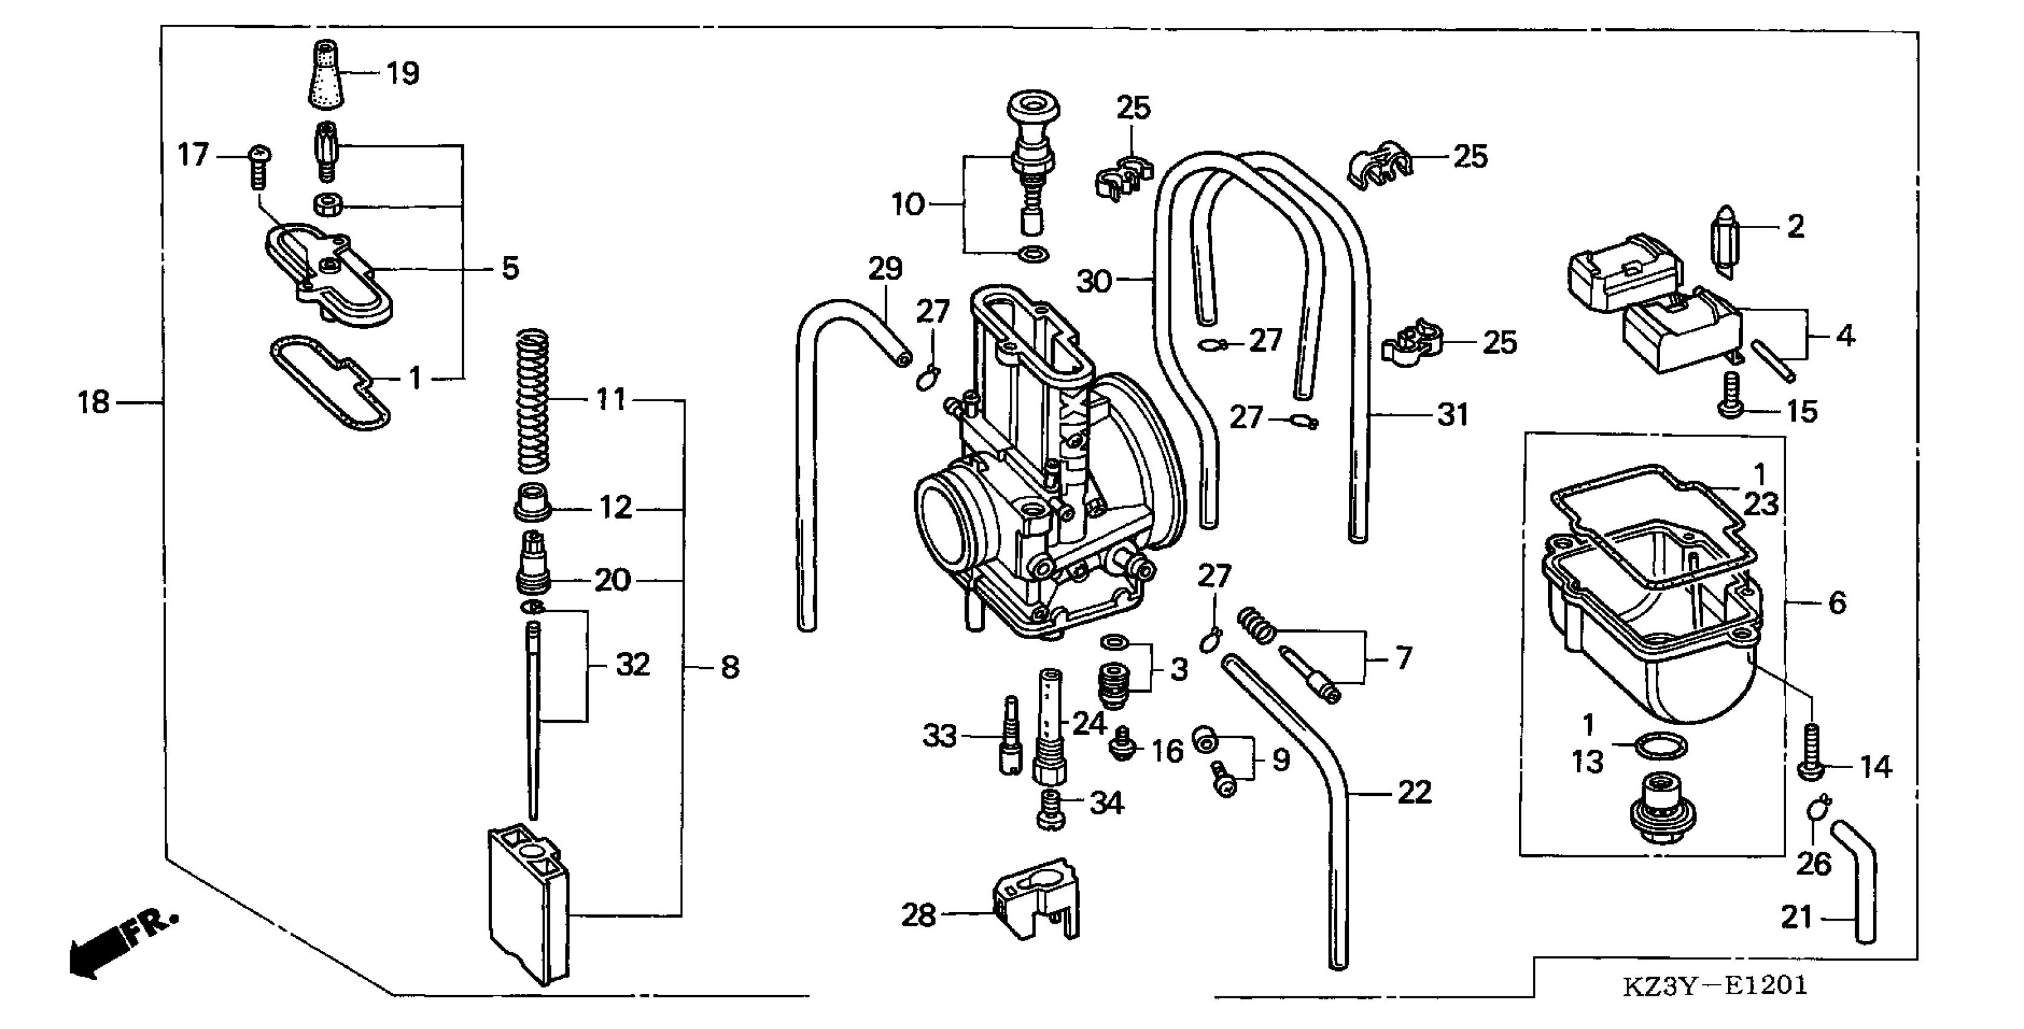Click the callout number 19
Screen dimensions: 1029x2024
pos(403,74)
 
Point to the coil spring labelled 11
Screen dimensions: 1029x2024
pos(533,401)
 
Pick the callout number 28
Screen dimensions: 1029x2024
pos(918,915)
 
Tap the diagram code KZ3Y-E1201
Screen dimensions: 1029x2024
pos(1715,985)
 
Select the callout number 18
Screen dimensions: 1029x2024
pos(93,403)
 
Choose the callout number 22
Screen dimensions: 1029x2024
pos(1414,792)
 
